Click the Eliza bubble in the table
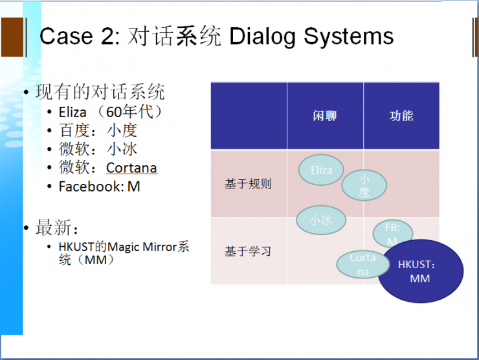click(x=321, y=170)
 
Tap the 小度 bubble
click(x=364, y=185)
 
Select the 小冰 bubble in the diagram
click(x=320, y=220)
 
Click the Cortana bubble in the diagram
click(x=362, y=264)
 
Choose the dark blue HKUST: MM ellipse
click(x=420, y=272)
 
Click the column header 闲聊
click(x=325, y=116)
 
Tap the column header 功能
click(x=401, y=116)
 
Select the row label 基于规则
click(x=248, y=184)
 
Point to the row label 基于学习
click(x=248, y=251)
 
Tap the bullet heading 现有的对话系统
click(x=100, y=92)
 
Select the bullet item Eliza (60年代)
click(x=110, y=112)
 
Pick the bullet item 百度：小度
click(x=98, y=130)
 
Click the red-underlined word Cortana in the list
click(x=131, y=168)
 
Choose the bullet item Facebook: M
click(x=99, y=186)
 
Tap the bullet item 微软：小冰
click(x=98, y=149)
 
